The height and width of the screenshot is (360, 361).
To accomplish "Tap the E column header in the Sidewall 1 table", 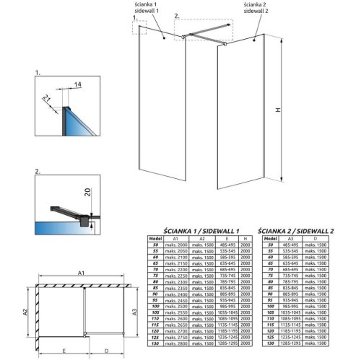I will [x=228, y=239].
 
